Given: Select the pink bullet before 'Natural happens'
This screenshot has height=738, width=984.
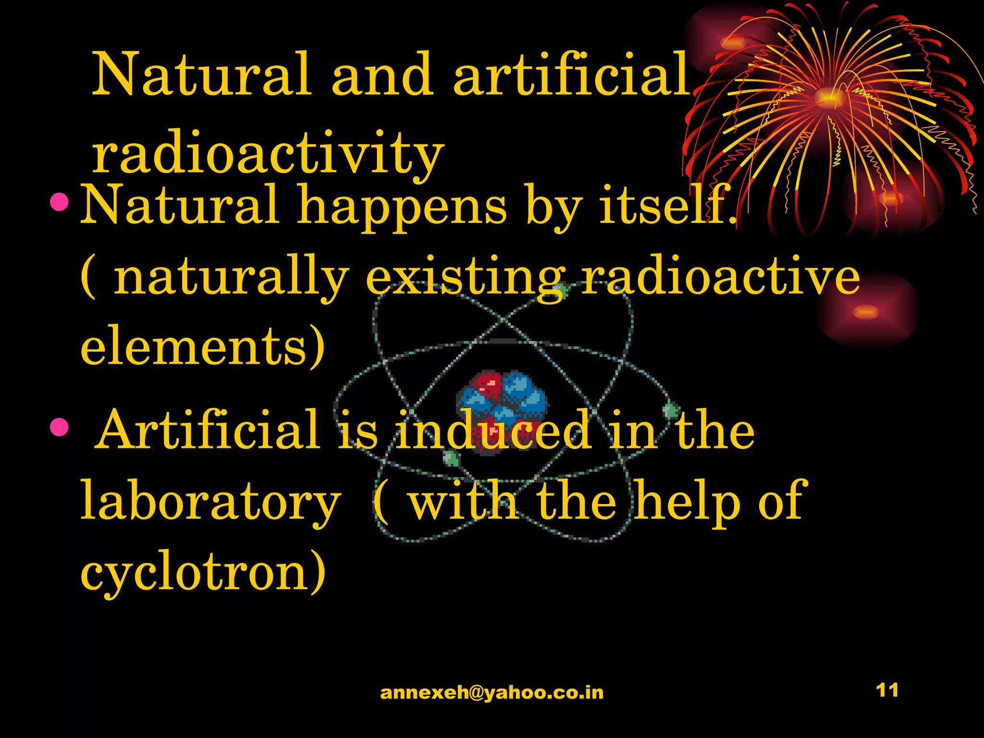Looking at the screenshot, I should pyautogui.click(x=60, y=203).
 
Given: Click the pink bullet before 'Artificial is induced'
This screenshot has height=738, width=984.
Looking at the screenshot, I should pyautogui.click(x=59, y=427).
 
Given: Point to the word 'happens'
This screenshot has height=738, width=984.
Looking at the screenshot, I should pyautogui.click(x=402, y=207).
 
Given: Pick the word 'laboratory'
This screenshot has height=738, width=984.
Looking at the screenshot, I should pyautogui.click(x=210, y=502).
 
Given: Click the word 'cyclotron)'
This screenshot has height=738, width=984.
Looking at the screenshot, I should pyautogui.click(x=203, y=572).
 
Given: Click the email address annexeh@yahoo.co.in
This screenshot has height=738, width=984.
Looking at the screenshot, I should pyautogui.click(x=492, y=692).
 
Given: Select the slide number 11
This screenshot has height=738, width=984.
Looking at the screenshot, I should pyautogui.click(x=887, y=690).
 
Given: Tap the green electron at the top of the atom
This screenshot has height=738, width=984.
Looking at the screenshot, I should pyautogui.click(x=561, y=290).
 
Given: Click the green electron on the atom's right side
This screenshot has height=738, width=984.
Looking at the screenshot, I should pyautogui.click(x=671, y=411).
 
